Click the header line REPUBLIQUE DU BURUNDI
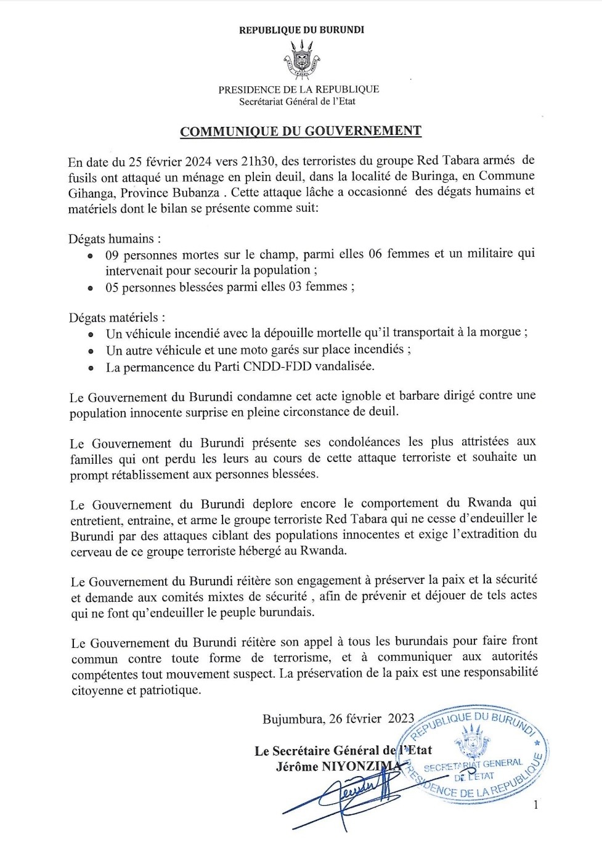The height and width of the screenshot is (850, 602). click(301, 30)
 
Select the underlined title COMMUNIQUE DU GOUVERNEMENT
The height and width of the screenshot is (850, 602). click(301, 131)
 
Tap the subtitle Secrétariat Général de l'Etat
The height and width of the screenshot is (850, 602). click(298, 102)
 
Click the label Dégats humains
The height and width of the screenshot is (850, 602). click(115, 239)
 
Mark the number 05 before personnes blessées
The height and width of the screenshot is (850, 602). click(112, 287)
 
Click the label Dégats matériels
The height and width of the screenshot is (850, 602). click(116, 318)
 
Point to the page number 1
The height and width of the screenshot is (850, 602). click(535, 804)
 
